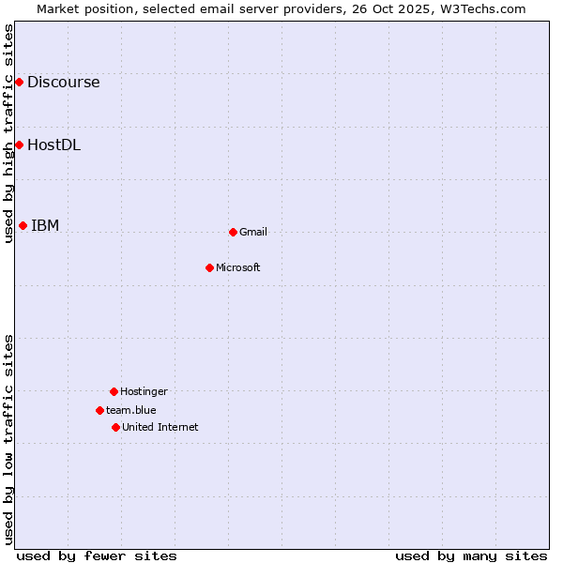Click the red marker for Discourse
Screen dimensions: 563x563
click(x=19, y=83)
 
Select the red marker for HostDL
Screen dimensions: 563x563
click(x=19, y=145)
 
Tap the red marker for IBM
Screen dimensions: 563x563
click(x=23, y=225)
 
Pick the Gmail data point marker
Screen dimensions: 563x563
click(x=233, y=232)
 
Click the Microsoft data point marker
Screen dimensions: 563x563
click(x=209, y=267)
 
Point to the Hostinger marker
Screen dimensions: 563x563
click(x=114, y=391)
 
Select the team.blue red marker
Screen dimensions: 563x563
click(x=99, y=410)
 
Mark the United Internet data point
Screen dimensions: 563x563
click(x=115, y=427)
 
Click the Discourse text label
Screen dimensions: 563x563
click(x=63, y=83)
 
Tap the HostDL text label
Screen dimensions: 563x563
click(x=53, y=145)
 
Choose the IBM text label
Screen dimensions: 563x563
click(x=45, y=225)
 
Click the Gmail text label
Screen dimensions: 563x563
click(x=253, y=232)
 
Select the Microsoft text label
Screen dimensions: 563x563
click(x=238, y=267)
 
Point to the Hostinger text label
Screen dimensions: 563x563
click(x=144, y=391)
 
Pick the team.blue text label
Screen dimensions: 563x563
click(x=131, y=410)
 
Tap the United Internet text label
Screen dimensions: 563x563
click(x=160, y=427)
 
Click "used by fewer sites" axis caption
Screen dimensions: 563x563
click(x=97, y=555)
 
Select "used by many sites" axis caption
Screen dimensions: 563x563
click(x=471, y=555)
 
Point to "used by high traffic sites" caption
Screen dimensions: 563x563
click(x=8, y=133)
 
